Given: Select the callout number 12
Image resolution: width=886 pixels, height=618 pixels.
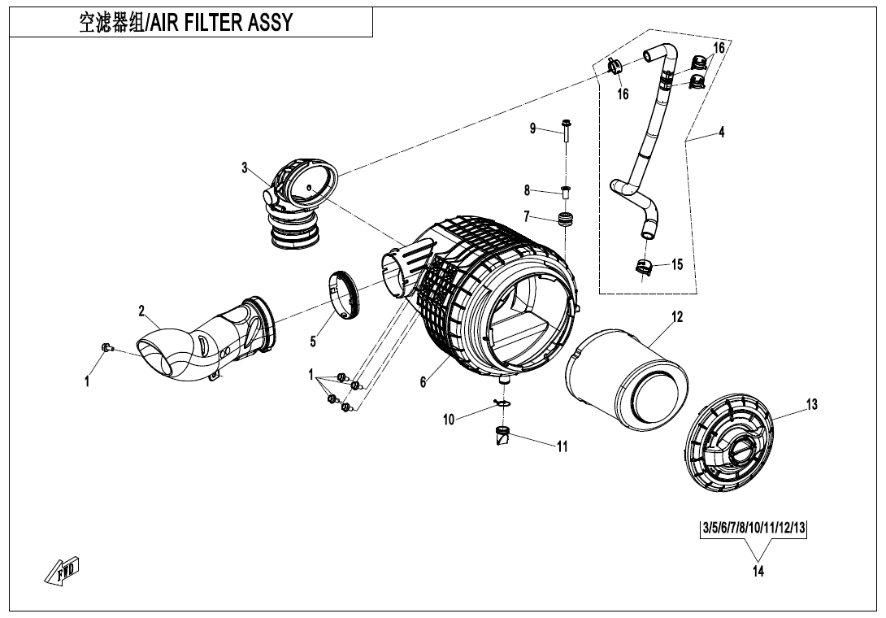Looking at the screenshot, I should coord(677,317).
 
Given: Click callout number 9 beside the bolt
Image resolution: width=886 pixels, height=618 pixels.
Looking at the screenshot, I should coord(533,128).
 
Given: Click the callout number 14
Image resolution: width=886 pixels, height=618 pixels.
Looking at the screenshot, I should coord(758,572).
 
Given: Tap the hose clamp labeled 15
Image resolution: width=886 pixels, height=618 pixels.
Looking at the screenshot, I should coord(642,267).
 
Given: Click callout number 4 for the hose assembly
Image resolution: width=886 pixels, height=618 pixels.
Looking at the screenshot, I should coord(721,133).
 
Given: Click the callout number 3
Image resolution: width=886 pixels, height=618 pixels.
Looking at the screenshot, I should coord(244,168).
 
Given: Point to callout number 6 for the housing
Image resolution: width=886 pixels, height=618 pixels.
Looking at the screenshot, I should coord(423,383).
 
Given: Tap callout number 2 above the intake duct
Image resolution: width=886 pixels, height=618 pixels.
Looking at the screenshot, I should coord(141,311).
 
